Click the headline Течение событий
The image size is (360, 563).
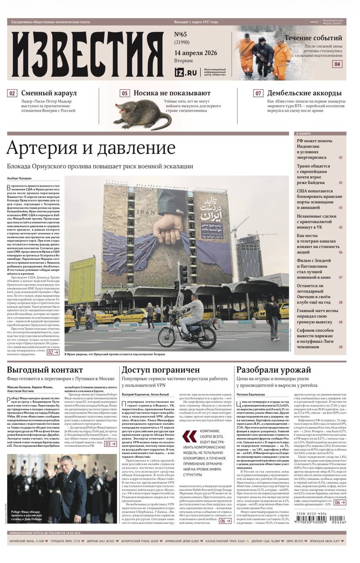pos(313,38)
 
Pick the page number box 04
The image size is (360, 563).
pos(337,64)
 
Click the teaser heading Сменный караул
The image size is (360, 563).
pos(49,93)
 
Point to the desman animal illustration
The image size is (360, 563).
pos(141,117)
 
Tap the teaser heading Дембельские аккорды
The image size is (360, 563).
pos(304,93)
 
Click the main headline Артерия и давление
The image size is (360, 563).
pos(91,148)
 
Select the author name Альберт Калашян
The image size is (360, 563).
pos(19,178)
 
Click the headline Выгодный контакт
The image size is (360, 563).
pos(45,370)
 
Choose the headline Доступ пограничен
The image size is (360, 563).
pos(161,370)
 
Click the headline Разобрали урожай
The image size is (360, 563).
pos(274,370)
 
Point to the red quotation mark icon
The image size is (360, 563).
pos(190,436)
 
